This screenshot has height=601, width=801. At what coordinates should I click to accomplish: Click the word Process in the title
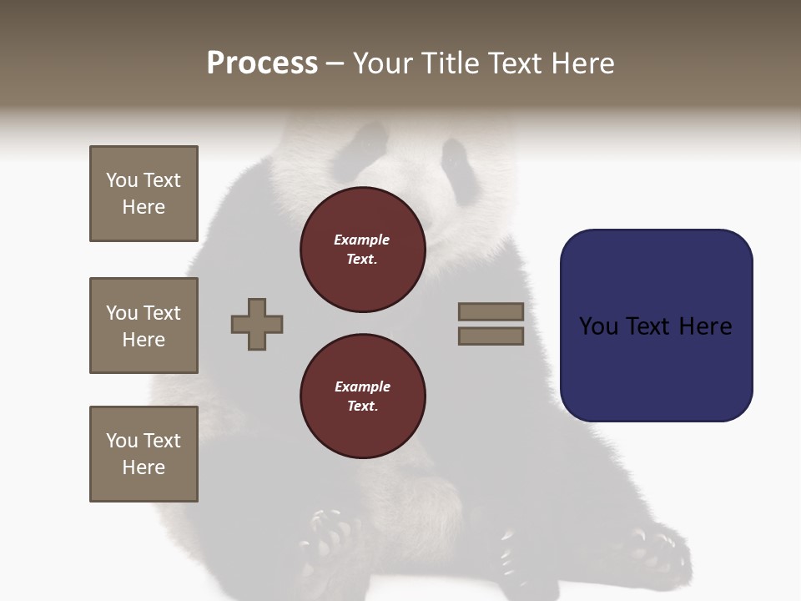coord(262,63)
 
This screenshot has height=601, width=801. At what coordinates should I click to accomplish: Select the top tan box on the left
coord(144,194)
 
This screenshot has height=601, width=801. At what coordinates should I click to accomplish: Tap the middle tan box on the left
coord(144,326)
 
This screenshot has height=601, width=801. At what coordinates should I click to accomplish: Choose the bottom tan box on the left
coord(144,454)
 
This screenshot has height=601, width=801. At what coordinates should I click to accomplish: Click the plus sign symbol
coord(257,324)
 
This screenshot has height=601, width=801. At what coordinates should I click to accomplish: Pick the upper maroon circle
coord(362,250)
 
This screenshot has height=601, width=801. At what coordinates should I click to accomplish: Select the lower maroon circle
coord(362,396)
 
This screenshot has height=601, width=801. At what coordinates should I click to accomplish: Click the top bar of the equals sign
coord(491,312)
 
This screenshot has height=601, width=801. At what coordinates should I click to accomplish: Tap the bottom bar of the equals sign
coord(491,336)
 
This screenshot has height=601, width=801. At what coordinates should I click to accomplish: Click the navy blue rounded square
coord(656,326)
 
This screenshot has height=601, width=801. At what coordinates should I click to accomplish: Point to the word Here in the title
coord(583,63)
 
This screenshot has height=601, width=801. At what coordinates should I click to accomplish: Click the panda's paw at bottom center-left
coord(330,534)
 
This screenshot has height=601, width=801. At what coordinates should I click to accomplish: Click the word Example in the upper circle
coord(362,240)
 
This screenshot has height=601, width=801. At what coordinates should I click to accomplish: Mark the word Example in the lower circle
coord(362,386)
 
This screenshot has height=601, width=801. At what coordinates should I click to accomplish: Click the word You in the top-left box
coord(122,180)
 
